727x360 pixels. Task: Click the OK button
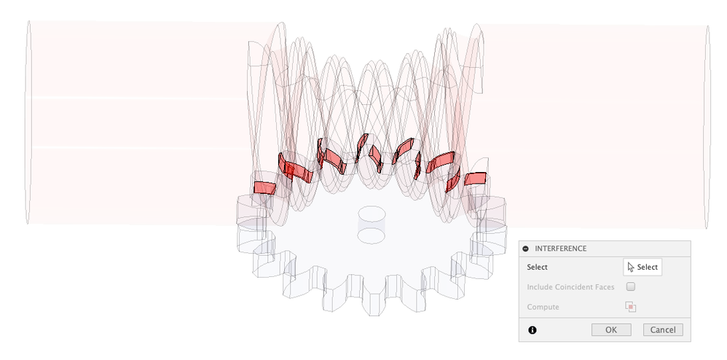pyautogui.click(x=611, y=330)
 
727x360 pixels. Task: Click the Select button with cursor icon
pyautogui.click(x=642, y=267)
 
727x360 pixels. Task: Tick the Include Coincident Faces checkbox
pyautogui.click(x=631, y=286)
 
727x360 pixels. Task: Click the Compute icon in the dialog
pyautogui.click(x=631, y=307)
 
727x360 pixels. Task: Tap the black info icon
pyautogui.click(x=533, y=330)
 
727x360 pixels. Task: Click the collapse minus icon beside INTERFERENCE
pyautogui.click(x=525, y=249)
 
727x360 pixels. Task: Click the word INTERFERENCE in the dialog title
pyautogui.click(x=561, y=249)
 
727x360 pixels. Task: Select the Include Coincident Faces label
pyautogui.click(x=570, y=287)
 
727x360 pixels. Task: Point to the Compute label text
pyautogui.click(x=543, y=307)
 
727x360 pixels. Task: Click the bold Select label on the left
pyautogui.click(x=537, y=267)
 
